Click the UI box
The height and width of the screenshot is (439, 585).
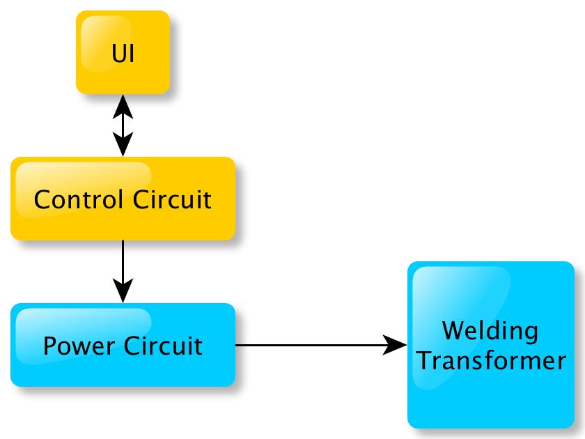pos(123,52)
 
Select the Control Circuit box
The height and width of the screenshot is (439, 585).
pos(123,199)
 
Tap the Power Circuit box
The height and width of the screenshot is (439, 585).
pos(123,345)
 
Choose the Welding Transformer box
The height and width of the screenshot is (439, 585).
pos(490,345)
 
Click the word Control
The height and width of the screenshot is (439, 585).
pos(77,200)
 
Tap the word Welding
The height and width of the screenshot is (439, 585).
pos(490,330)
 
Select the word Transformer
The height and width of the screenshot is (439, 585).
pos(490,361)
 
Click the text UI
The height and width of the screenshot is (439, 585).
pos(123,54)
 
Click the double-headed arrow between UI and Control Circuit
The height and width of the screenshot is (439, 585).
pos(123,125)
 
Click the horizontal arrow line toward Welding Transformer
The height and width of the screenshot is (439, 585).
pos(313,345)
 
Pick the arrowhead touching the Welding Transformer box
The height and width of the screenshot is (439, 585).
pos(397,345)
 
